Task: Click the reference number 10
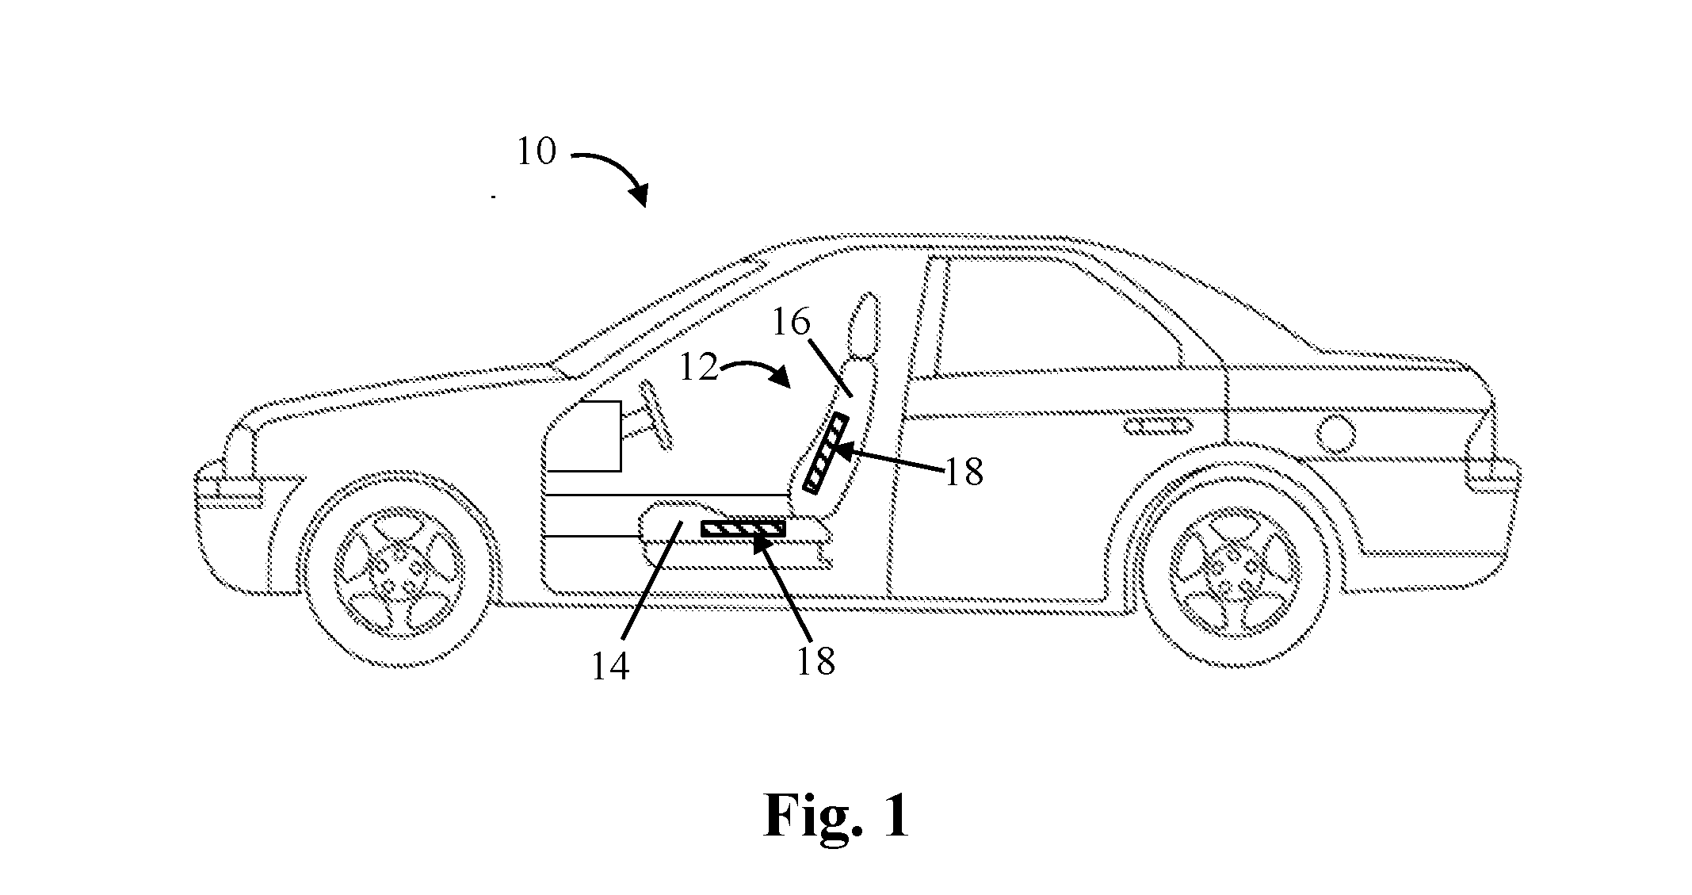click(537, 151)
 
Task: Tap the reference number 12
click(699, 368)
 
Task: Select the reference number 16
click(790, 323)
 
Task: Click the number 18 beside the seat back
click(963, 473)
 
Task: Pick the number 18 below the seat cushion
click(815, 660)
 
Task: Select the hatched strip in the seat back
click(825, 453)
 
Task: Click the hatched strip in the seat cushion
click(743, 529)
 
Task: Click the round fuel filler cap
click(1338, 434)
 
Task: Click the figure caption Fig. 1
click(837, 815)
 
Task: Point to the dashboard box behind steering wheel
click(585, 436)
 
